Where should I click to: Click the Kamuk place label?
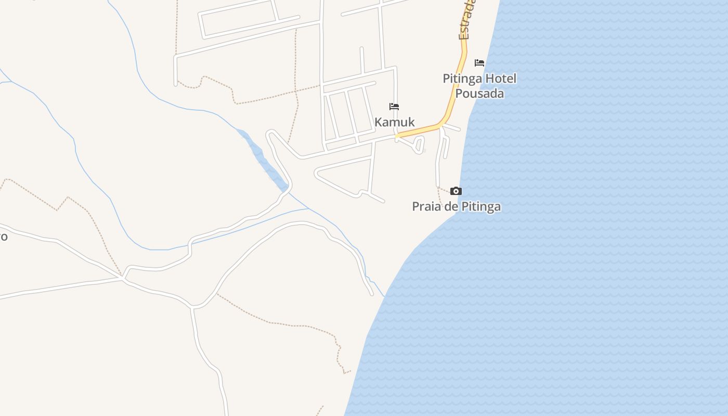coord(395,122)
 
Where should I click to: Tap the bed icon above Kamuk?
coord(394,107)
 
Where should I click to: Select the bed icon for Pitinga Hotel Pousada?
coord(479,63)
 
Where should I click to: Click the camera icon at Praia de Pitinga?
coord(456,191)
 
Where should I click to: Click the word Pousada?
coord(479,94)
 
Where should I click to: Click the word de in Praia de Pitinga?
coord(450,206)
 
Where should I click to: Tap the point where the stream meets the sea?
coord(385,296)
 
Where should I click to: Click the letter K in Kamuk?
coord(379,122)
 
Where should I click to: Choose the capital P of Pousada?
coord(459,94)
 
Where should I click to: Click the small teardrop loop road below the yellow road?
coord(419,145)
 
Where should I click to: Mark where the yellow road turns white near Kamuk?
coord(396,136)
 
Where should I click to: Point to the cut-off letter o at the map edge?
coord(3,237)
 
